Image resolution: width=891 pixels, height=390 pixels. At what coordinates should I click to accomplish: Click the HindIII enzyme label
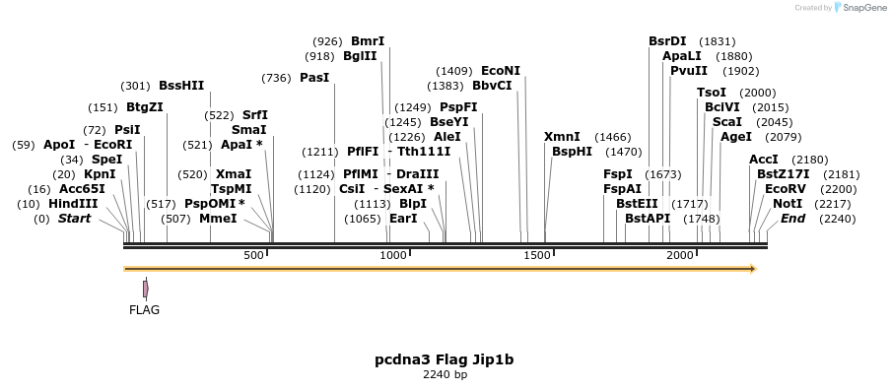point(74,204)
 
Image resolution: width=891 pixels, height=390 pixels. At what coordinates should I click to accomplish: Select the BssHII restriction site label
point(181,86)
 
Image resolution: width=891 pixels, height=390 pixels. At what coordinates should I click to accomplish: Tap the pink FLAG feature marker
point(146,289)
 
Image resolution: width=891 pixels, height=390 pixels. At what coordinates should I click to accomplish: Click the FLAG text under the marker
point(144,309)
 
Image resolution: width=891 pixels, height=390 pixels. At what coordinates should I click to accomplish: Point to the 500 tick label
point(254,255)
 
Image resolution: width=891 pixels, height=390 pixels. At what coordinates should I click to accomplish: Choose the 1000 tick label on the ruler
point(394,255)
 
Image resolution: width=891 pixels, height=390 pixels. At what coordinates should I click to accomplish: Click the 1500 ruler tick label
point(536,255)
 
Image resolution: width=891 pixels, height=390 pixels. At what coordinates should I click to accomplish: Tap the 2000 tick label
point(680,255)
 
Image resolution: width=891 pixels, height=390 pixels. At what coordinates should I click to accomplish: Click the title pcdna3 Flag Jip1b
point(445,359)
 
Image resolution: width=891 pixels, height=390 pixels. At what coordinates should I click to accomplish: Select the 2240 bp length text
point(445,375)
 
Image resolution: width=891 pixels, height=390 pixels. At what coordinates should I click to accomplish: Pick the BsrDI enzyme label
point(667,41)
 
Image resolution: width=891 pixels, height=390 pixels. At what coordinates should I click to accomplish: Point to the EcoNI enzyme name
point(501,71)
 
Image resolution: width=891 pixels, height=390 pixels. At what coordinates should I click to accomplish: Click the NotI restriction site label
point(788,204)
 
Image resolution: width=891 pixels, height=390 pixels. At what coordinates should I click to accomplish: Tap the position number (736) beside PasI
point(277,78)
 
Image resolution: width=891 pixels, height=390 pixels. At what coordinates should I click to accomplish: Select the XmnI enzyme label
point(562,137)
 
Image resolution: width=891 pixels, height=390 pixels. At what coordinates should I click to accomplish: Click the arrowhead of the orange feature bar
point(752,268)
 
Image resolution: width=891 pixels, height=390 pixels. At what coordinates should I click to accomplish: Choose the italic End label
point(793,219)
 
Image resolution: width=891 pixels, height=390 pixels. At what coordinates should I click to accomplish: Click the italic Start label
point(75,219)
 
